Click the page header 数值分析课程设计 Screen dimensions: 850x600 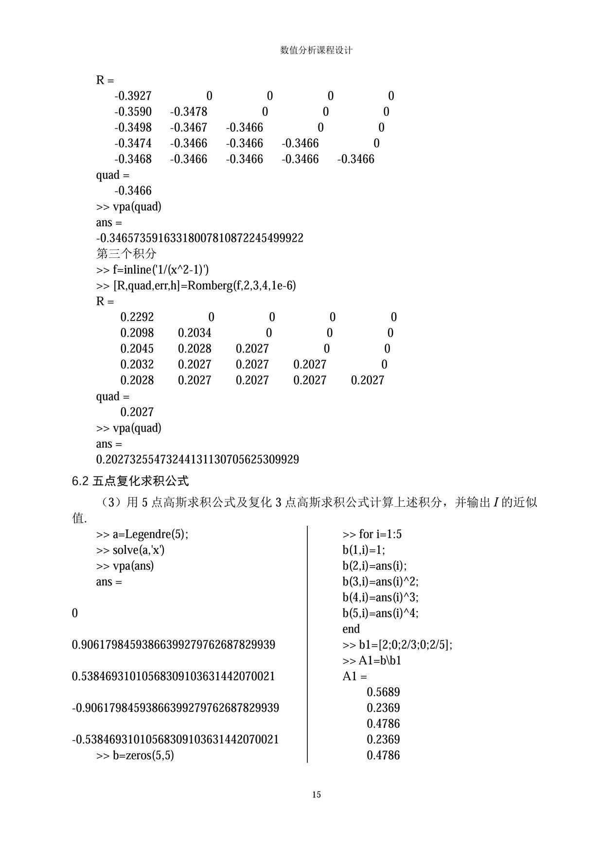(317, 50)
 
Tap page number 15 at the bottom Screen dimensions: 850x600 (317, 795)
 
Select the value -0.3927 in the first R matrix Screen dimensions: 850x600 (133, 96)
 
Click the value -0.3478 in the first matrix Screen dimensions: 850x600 (189, 112)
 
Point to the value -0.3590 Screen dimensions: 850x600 (133, 112)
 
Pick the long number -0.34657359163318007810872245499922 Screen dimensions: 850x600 (199, 238)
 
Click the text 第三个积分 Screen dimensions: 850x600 (126, 253)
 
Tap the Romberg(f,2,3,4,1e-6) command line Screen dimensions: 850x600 (196, 285)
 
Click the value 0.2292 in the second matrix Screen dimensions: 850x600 (137, 317)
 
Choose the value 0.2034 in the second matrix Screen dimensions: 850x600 (194, 333)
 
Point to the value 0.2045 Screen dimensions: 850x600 (137, 349)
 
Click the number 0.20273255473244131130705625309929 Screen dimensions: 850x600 (197, 460)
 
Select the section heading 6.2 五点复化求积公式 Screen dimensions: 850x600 (130, 481)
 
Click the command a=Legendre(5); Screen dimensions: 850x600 (142, 534)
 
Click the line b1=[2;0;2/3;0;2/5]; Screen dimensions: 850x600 (397, 645)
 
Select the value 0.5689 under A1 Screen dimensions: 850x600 (383, 692)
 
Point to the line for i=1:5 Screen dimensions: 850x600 (372, 534)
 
